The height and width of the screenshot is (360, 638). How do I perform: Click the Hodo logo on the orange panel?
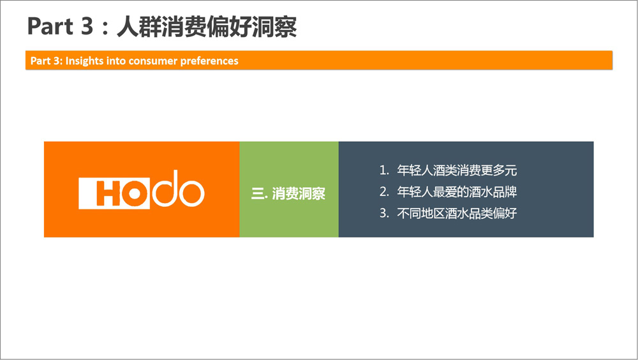pos(141,190)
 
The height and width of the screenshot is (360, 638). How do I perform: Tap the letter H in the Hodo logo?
pos(108,193)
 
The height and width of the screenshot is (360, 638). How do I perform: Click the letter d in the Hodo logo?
pos(165,188)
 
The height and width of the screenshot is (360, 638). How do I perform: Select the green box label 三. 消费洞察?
pos(288,193)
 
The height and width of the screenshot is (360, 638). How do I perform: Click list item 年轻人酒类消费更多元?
pos(457,170)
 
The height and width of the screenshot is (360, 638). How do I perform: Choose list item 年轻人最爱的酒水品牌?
pos(457,192)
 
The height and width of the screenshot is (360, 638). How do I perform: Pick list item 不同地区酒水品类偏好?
pos(457,213)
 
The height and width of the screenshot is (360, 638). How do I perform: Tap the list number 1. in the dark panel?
pos(385,170)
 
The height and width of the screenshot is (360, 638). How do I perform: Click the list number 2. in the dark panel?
pos(385,192)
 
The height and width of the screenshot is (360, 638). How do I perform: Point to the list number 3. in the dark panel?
pos(385,213)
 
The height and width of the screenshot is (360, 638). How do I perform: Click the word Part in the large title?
pos(50,26)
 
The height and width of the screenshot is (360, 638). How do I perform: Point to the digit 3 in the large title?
pos(87,26)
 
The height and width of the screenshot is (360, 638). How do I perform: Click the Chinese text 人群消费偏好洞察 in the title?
pos(207,27)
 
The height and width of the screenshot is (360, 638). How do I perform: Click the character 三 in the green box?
pos(257,194)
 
